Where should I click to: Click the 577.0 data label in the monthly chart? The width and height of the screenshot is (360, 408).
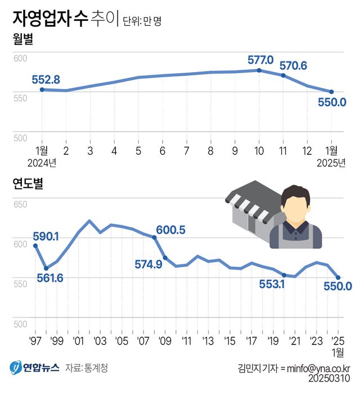pos(260,60)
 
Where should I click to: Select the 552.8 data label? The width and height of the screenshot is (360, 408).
pos(46,79)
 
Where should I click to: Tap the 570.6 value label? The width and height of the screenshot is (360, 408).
pos(293,65)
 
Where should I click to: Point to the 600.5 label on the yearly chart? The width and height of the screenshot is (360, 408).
pos(170,230)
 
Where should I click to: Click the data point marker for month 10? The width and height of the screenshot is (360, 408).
pos(259,70)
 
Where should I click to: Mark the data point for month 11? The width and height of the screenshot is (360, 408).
pos(283,75)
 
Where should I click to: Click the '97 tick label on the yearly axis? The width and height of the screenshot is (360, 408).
pos(35,342)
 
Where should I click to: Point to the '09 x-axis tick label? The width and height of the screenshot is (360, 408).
pos(165,342)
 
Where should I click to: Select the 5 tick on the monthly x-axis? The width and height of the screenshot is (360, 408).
pos(138,151)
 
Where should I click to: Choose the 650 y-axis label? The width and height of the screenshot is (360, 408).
pos(20,204)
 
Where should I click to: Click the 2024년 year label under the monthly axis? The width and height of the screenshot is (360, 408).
pos(42,163)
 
